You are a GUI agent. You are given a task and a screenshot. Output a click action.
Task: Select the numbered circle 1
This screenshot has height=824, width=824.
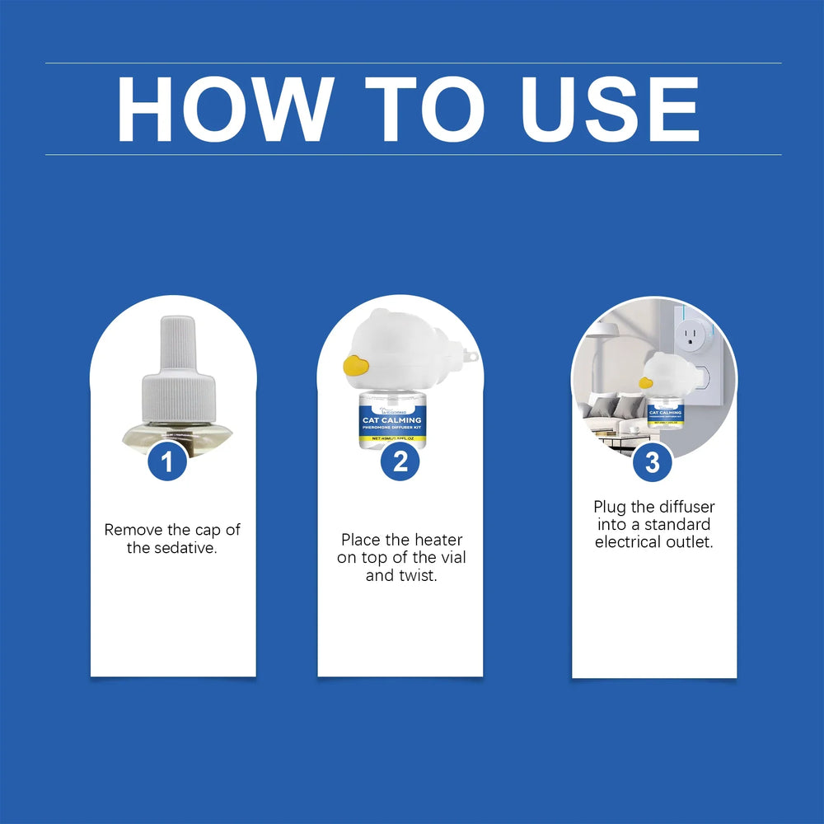pos(168,462)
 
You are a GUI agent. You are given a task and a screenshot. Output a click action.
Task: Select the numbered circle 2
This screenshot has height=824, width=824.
pos(400,462)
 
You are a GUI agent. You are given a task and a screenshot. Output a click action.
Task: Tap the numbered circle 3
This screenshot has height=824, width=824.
pos(652,462)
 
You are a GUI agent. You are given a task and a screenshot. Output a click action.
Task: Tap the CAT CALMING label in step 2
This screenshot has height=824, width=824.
pos(391,420)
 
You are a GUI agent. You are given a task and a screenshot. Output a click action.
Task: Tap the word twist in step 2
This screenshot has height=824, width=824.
pos(417,576)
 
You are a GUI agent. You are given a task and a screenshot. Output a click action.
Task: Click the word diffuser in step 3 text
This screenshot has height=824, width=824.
pos(685,507)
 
